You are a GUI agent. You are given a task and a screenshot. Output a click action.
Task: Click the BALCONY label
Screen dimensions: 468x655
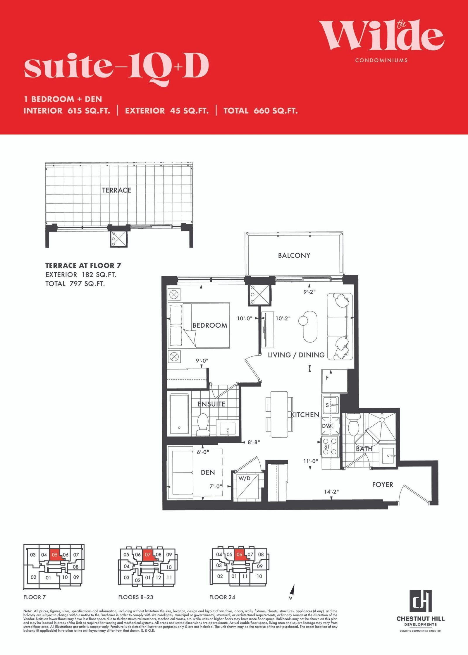(294, 255)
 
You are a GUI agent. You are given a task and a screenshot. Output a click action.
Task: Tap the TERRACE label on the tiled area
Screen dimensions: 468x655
(116, 190)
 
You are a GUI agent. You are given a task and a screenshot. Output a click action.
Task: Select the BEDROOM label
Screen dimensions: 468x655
(210, 325)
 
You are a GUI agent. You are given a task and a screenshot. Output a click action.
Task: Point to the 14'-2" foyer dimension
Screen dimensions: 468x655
(331, 491)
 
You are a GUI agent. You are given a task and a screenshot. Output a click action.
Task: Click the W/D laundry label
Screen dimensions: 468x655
(244, 479)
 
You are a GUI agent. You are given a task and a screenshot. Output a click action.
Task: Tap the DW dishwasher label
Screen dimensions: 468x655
(327, 426)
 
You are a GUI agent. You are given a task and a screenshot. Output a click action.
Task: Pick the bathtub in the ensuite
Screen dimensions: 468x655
(179, 414)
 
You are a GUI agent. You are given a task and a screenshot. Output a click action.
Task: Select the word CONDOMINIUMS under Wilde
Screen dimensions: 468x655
(381, 60)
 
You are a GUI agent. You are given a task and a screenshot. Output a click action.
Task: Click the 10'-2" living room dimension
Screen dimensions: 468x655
(283, 318)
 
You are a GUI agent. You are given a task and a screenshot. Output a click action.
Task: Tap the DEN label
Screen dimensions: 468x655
(208, 472)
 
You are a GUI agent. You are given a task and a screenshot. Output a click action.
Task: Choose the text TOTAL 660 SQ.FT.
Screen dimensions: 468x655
(261, 111)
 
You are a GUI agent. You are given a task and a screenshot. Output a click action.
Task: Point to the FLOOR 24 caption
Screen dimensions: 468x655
(222, 597)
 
